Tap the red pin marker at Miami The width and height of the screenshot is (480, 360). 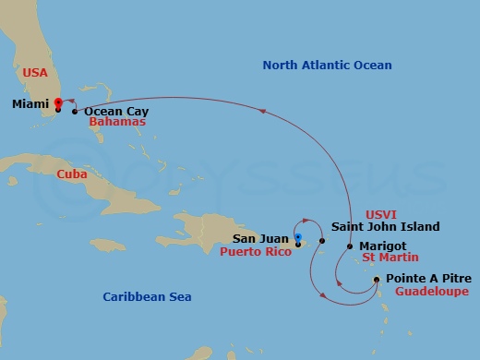58,102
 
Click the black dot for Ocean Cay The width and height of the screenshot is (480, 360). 75,112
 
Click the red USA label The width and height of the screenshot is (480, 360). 34,71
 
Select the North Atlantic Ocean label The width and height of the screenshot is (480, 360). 327,66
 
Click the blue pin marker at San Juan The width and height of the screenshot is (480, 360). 297,239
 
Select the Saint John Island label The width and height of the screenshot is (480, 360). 385,227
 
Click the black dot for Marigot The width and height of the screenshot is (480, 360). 350,246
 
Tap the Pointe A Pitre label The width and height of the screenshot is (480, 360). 428,279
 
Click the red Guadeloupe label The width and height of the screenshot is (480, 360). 431,291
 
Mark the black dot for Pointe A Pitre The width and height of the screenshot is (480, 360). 377,279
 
